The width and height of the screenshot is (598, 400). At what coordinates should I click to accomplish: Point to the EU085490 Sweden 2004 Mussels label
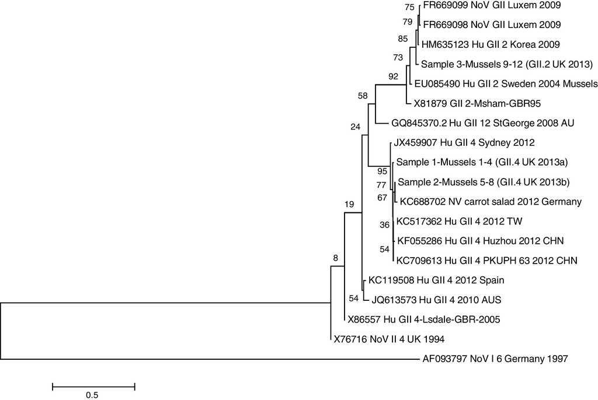click(x=506, y=83)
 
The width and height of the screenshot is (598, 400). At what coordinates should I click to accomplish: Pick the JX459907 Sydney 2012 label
click(x=464, y=142)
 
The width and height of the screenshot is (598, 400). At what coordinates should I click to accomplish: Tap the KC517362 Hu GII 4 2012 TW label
click(x=459, y=222)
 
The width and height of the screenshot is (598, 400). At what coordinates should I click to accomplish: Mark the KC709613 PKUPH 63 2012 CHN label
click(x=487, y=261)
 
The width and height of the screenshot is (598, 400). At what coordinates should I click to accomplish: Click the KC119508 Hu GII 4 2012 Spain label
click(x=436, y=280)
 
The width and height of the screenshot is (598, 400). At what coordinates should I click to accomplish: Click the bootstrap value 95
click(x=382, y=171)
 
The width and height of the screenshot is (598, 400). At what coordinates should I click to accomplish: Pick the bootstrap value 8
click(x=335, y=257)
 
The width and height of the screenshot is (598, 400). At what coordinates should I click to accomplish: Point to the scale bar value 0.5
click(x=92, y=395)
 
